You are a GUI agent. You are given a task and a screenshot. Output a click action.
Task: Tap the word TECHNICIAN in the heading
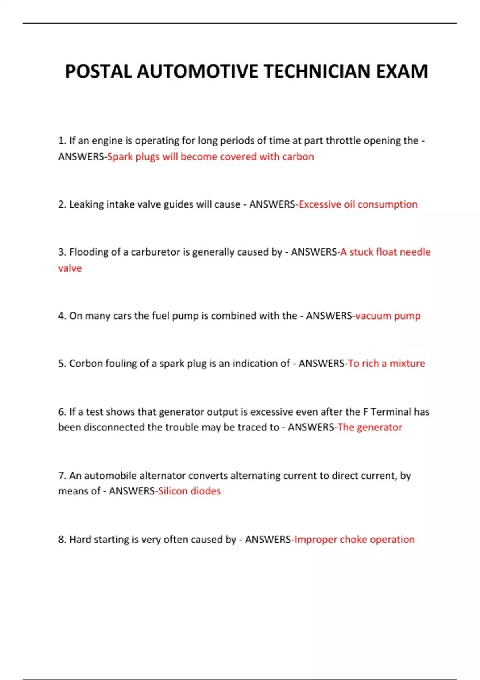coord(317,72)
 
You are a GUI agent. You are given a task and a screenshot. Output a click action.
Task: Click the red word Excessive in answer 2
coord(320,204)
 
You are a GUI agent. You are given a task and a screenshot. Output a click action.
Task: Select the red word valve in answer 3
coord(70,268)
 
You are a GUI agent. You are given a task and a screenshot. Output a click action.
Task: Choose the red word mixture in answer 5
coord(407,363)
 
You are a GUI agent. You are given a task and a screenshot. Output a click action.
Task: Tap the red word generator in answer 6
coord(379,427)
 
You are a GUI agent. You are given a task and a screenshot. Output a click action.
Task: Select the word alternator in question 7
coord(160,476)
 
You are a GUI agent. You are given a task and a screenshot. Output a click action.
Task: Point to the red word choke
coord(353,539)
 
